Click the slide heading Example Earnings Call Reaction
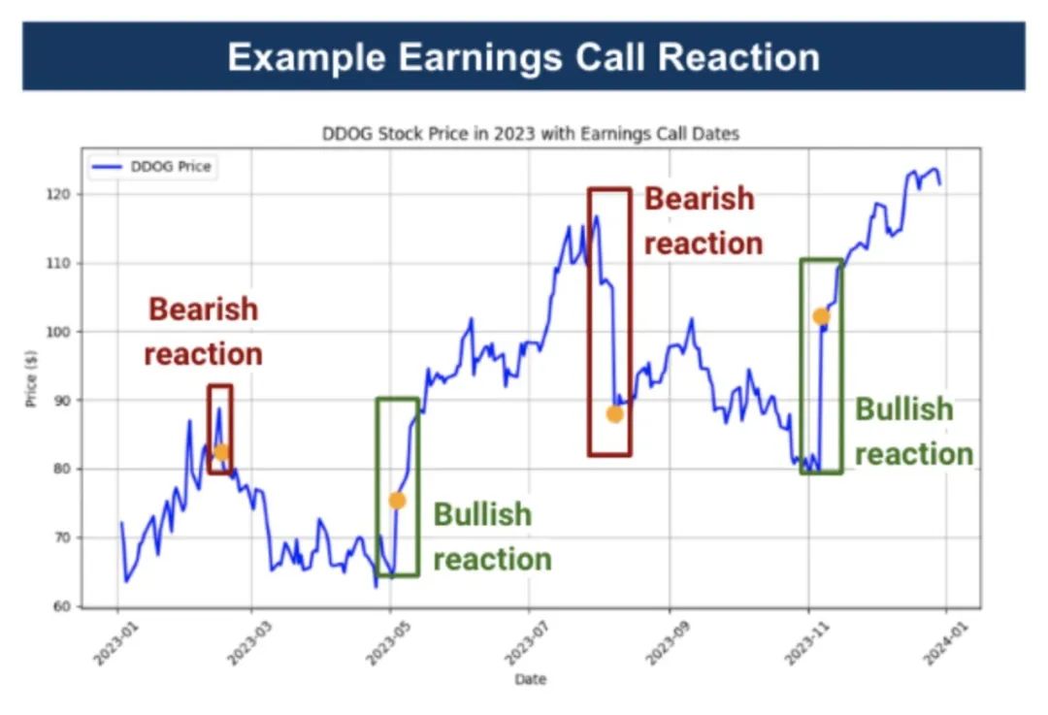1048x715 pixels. (x=523, y=56)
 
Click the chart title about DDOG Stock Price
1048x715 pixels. (x=530, y=134)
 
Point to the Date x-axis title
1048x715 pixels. (x=530, y=679)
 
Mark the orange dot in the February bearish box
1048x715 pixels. (x=221, y=451)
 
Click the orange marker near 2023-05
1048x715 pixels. (x=397, y=501)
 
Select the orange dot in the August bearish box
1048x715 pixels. (x=614, y=414)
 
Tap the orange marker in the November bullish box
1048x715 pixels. (x=821, y=316)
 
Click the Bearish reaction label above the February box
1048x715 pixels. (x=204, y=332)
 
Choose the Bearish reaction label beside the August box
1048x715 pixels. (x=703, y=220)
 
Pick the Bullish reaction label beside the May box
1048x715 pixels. (x=491, y=536)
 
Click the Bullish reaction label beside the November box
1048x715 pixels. (x=913, y=432)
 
